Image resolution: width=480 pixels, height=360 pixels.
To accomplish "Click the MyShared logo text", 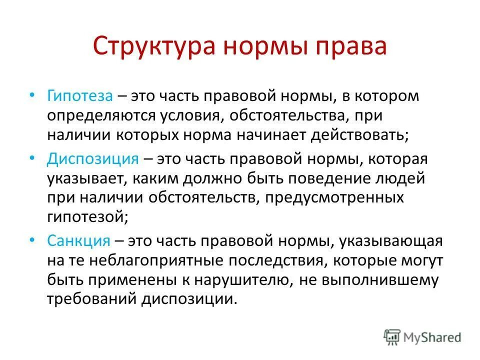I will (x=433, y=338).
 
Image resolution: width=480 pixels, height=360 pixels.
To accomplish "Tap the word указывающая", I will (x=391, y=241).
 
